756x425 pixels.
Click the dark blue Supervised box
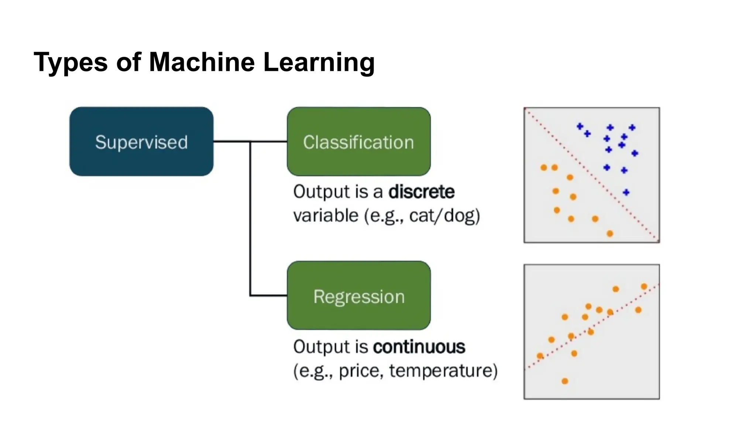141,142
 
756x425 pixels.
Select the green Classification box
358,142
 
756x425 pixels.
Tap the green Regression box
358,296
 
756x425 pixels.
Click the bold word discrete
421,192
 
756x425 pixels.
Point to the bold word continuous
419,347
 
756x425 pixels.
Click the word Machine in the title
202,62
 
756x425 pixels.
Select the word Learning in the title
319,62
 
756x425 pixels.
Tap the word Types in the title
71,62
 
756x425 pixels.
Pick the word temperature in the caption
443,371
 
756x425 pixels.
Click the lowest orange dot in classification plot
610,234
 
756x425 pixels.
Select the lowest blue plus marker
626,192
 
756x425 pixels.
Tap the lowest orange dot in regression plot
565,381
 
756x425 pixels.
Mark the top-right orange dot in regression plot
644,287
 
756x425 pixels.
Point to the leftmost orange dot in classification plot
543,168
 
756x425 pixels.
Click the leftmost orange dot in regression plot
540,356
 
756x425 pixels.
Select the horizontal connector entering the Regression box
268,296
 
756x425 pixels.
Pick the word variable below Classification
326,215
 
